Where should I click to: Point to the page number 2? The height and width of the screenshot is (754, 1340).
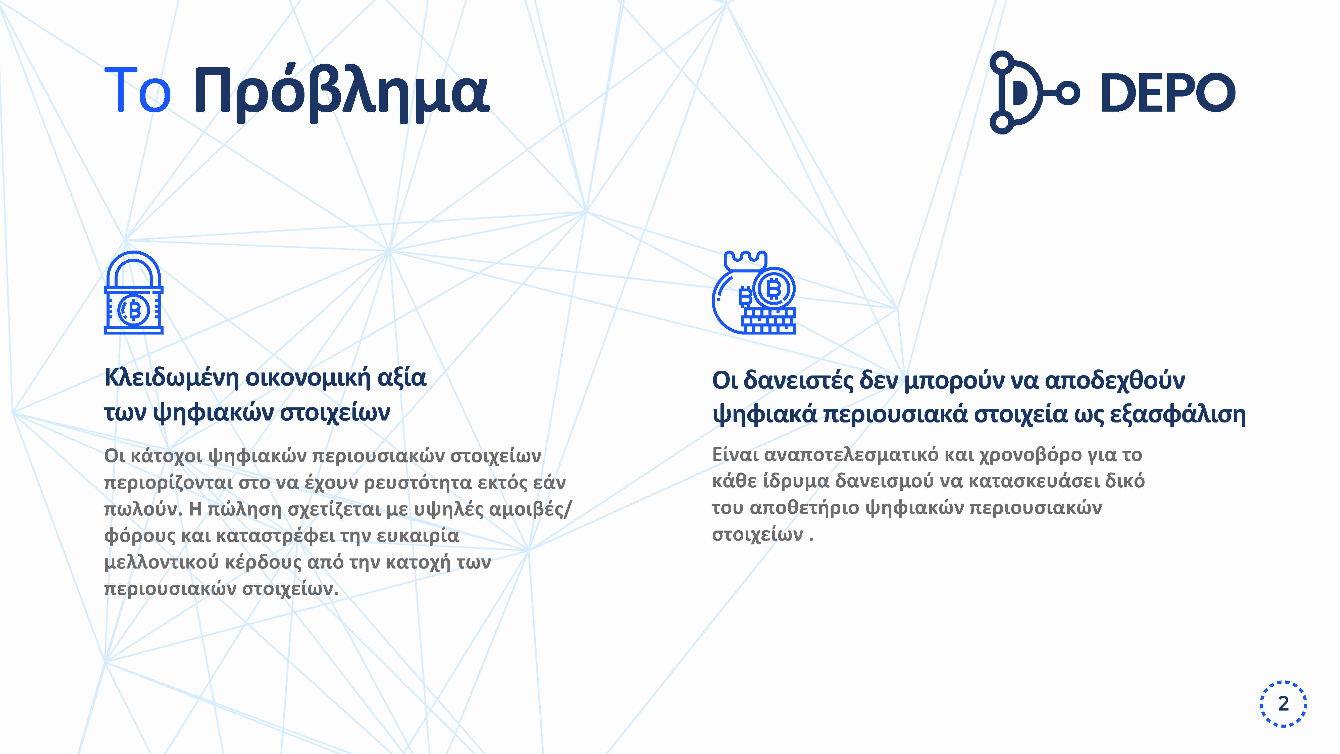pyautogui.click(x=1283, y=703)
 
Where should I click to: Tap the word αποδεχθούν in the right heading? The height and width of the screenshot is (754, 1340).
pyautogui.click(x=1115, y=380)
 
